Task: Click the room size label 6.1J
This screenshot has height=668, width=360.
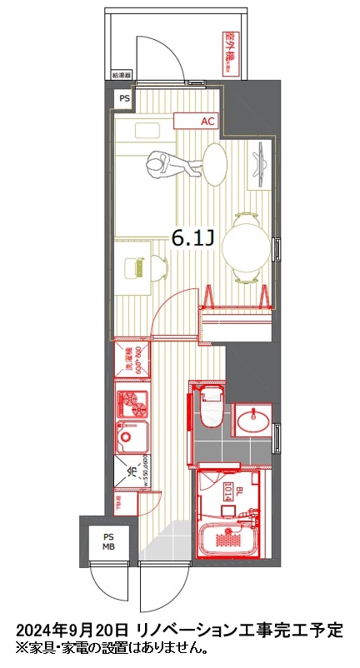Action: point(192,238)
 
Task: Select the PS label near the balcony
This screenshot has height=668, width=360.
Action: point(124,98)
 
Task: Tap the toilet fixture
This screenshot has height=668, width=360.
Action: point(211,412)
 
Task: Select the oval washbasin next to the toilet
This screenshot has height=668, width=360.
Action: point(252,421)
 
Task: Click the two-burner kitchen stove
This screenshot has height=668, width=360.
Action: point(130,403)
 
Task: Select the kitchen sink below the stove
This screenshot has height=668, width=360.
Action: point(130,435)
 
